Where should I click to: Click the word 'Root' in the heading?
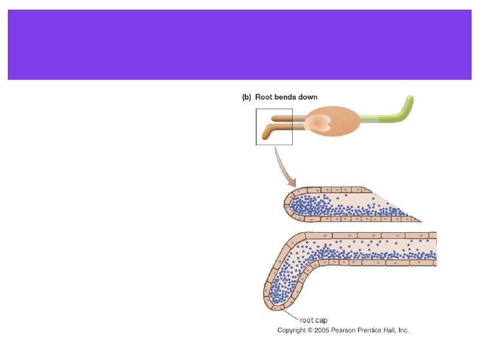pos(265,97)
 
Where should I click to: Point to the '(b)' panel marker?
pos(246,97)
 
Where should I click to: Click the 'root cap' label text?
pos(313,320)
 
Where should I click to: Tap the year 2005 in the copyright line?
pos(324,330)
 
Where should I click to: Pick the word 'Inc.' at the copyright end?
pos(402,330)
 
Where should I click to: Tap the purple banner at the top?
pos(239,44)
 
